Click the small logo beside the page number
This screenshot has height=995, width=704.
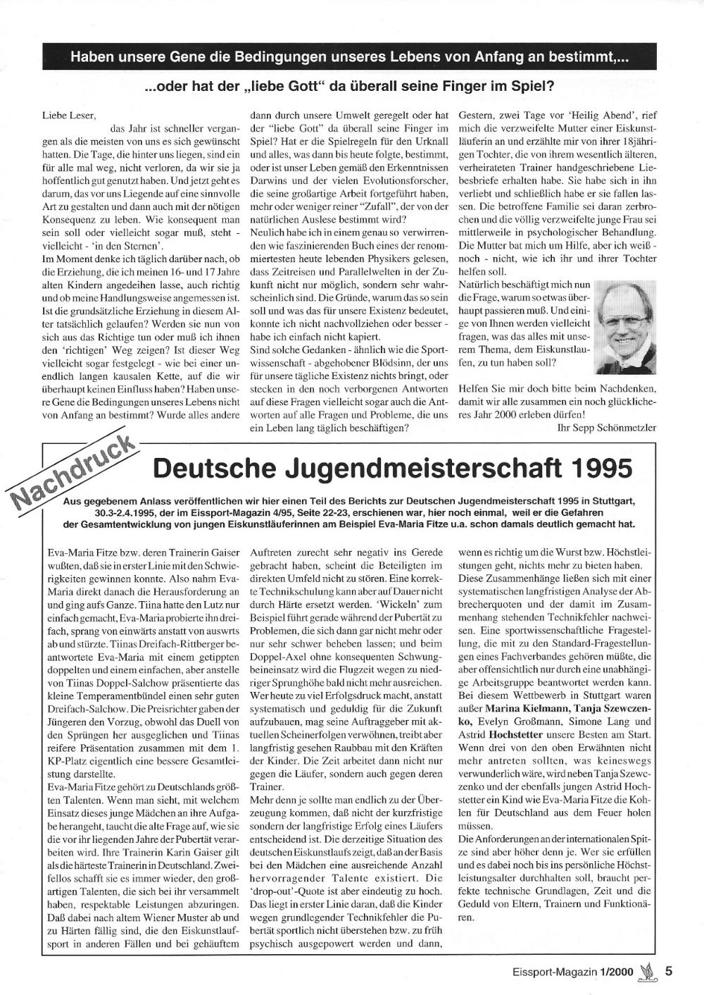point(646,972)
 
